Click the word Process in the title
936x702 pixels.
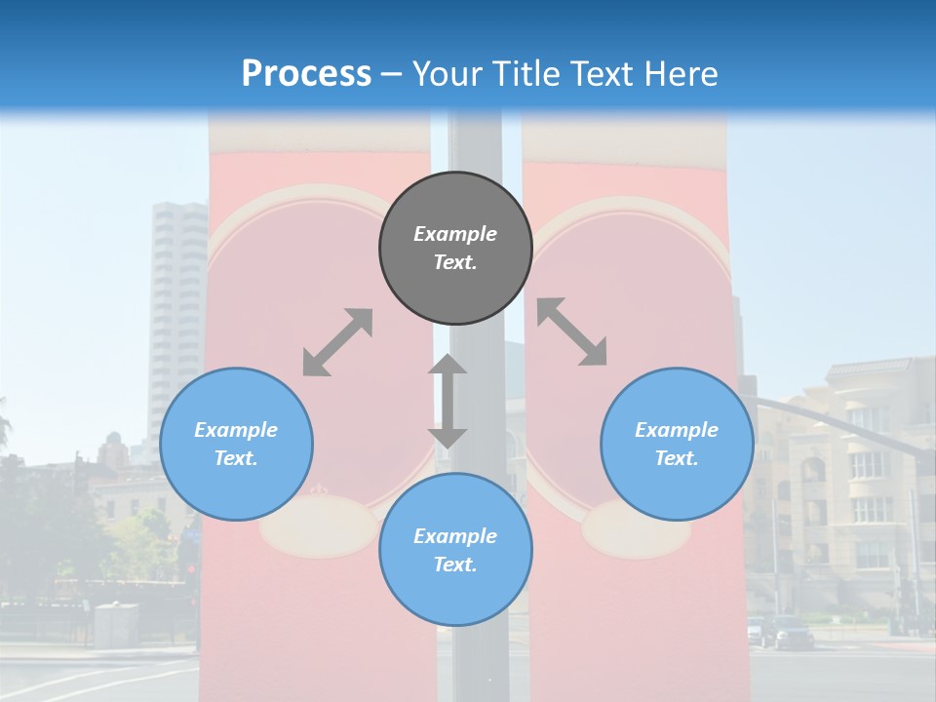[306, 74]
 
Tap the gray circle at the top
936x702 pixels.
[455, 248]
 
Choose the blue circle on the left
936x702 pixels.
[236, 444]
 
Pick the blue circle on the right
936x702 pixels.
[677, 444]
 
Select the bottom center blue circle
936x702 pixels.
[455, 550]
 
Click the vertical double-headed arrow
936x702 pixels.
[448, 401]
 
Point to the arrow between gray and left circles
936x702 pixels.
[337, 342]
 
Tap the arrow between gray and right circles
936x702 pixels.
[571, 331]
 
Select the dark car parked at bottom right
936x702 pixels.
[793, 633]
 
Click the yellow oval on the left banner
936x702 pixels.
[318, 526]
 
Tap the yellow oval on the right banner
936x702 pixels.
[623, 528]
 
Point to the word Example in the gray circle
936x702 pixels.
[455, 234]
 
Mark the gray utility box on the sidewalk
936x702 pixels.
[116, 624]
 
